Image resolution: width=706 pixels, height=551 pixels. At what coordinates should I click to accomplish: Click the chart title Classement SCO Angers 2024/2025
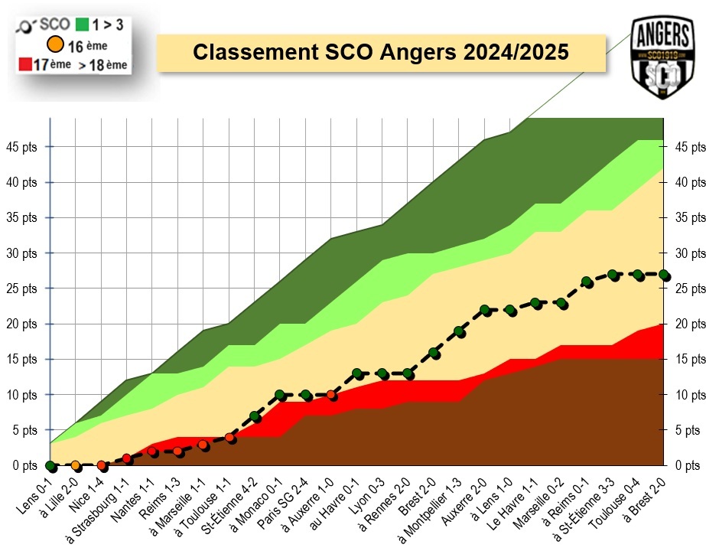(380, 53)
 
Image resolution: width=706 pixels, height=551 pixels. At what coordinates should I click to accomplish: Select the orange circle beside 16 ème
(54, 46)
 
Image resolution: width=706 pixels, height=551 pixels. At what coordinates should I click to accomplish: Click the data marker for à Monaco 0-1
(280, 395)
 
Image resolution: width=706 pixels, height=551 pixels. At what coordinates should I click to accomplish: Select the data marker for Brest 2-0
(434, 353)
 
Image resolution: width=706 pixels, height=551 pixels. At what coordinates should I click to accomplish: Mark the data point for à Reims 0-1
(587, 282)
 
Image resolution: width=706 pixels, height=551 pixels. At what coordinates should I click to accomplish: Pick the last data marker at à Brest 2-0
(664, 275)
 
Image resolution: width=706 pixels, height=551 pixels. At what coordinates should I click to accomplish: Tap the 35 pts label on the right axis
(686, 217)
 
